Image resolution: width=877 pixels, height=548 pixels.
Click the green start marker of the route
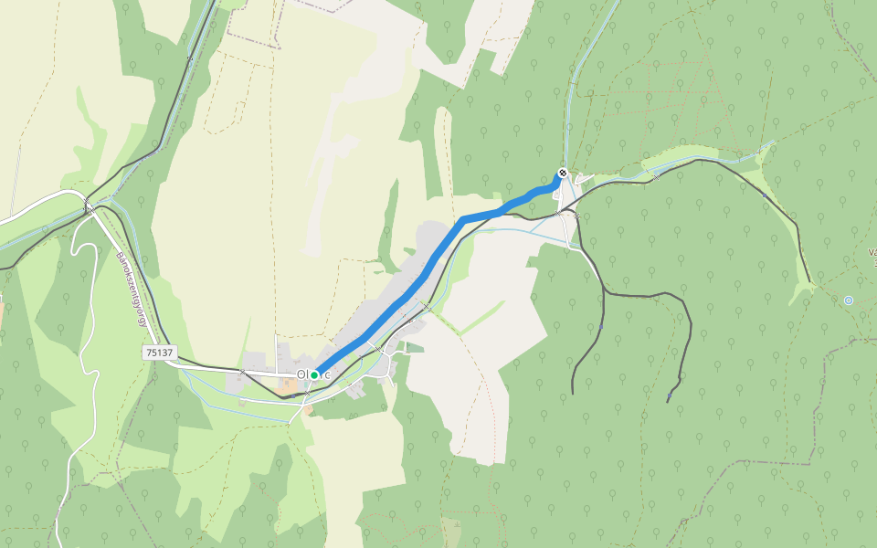pyautogui.click(x=314, y=374)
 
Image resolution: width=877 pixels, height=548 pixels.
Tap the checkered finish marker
pyautogui.click(x=563, y=174)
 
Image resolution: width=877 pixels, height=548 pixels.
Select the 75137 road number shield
pyautogui.click(x=159, y=352)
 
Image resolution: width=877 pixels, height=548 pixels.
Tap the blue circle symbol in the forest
pyautogui.click(x=849, y=300)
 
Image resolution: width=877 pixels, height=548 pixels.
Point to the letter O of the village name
pyautogui.click(x=301, y=374)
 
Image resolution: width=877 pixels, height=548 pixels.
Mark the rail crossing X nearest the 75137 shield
pyautogui.click(x=242, y=372)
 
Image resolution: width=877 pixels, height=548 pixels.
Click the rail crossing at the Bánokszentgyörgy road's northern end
pyautogui.click(x=89, y=207)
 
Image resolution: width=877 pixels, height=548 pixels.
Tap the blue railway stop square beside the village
pyautogui.click(x=425, y=309)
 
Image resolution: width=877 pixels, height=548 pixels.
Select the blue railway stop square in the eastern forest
pyautogui.click(x=764, y=194)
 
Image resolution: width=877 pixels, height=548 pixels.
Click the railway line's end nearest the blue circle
pyautogui.click(x=808, y=283)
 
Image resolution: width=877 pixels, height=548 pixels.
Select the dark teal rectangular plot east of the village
pyautogui.click(x=416, y=348)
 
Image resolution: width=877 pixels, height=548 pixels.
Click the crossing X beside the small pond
pyautogui.click(x=658, y=178)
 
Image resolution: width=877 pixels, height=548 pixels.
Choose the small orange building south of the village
pyautogui.click(x=309, y=410)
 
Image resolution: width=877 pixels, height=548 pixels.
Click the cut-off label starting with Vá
pyautogui.click(x=871, y=252)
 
